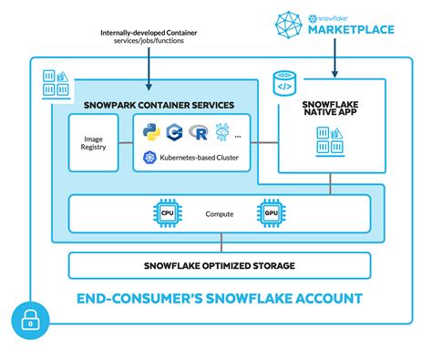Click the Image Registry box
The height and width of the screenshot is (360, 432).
93,142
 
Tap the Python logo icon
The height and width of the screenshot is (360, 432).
151,132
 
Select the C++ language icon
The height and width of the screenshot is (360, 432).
176,132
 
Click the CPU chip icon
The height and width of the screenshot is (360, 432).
167,213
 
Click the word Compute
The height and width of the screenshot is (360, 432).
219,214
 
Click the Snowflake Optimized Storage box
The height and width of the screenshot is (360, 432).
220,265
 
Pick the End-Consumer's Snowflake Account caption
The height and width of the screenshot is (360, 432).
220,298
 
